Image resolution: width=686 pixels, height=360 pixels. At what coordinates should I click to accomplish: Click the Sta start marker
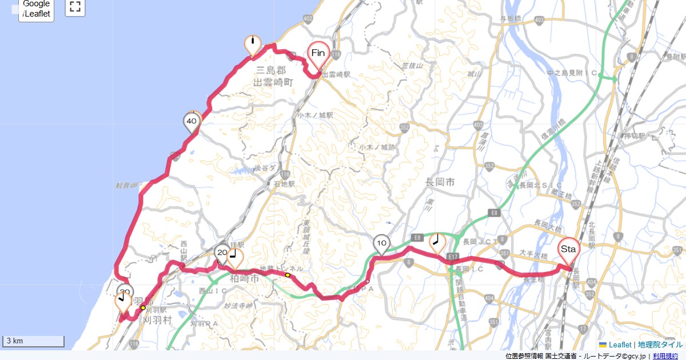click(x=568, y=250)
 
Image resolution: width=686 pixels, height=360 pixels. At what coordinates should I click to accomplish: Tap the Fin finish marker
click(x=318, y=54)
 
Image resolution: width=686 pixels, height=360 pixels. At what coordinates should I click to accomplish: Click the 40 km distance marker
click(x=192, y=122)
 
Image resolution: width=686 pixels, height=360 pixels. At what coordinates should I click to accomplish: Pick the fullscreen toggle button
click(x=75, y=7)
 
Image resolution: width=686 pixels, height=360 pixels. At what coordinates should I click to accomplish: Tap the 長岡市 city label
click(x=440, y=182)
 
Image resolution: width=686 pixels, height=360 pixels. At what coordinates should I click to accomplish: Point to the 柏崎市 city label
click(x=244, y=281)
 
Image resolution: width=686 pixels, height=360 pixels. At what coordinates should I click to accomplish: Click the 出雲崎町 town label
click(x=273, y=82)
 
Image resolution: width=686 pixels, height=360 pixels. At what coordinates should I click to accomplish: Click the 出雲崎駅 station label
click(x=336, y=75)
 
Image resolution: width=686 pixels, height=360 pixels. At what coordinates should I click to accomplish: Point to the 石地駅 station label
click(x=284, y=185)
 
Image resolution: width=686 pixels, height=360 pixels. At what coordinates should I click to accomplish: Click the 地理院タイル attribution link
click(x=660, y=345)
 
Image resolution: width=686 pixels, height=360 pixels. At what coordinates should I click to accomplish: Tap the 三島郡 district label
click(x=270, y=70)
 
